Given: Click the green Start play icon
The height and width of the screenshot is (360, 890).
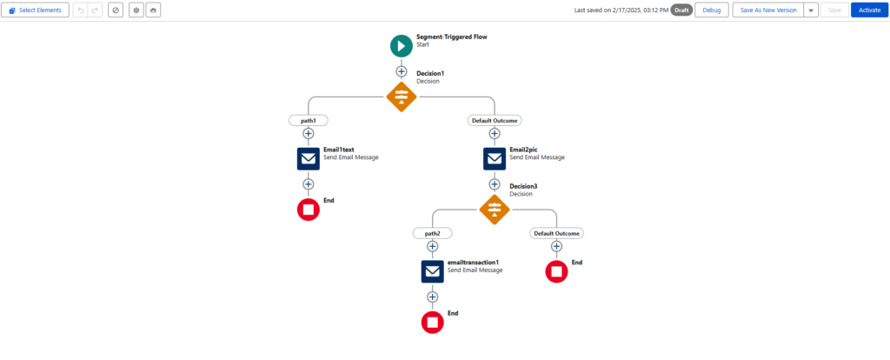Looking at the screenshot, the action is click(x=402, y=46).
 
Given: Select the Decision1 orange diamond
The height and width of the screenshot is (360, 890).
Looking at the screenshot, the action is click(x=402, y=97).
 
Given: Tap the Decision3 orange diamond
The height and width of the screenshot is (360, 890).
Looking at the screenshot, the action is click(x=495, y=209).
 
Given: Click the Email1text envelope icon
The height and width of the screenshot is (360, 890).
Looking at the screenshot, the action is click(x=309, y=158).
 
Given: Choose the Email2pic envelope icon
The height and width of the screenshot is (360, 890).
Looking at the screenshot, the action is click(x=495, y=158).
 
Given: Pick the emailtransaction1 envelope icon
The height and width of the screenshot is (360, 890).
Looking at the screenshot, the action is click(x=433, y=271).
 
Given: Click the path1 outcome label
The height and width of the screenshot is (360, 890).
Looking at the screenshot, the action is click(x=309, y=120).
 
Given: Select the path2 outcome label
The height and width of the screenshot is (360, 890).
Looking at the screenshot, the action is click(x=433, y=233).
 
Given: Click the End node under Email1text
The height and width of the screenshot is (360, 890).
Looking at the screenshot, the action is click(x=309, y=210).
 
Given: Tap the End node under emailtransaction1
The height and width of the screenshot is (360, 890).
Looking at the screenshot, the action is click(x=433, y=322).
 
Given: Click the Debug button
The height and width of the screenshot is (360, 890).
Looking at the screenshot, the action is click(x=711, y=10).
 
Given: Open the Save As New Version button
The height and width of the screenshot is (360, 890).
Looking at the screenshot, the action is click(x=768, y=10).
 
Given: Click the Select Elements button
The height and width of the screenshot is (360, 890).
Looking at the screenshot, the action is click(x=35, y=10).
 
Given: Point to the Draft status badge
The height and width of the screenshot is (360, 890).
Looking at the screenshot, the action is click(x=681, y=10).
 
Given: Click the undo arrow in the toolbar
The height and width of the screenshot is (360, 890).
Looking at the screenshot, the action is click(x=81, y=10).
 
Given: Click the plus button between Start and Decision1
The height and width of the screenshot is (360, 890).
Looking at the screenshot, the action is click(x=402, y=71).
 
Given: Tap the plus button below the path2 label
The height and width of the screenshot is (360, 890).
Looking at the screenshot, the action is click(x=433, y=246).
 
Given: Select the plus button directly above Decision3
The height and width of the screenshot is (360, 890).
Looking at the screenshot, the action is click(x=495, y=184).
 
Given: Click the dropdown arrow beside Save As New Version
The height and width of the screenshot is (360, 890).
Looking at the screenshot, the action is click(x=811, y=10).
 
